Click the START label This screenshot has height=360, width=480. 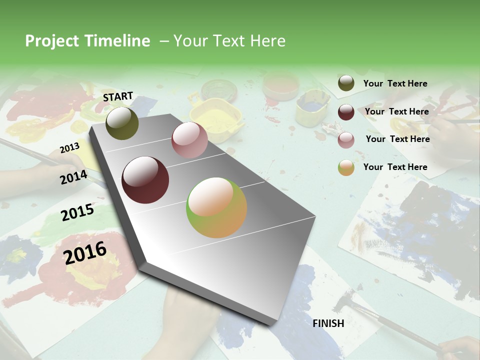pos(118,96)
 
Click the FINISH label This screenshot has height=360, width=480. pos(328,323)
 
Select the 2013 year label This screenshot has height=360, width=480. pos(69,148)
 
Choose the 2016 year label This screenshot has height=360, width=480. pos(85,252)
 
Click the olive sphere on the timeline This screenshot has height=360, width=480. pos(122,123)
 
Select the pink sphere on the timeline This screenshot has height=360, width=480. pos(189,140)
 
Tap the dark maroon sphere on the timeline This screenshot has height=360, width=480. pos(145,180)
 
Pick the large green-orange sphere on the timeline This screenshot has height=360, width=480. pos(216,207)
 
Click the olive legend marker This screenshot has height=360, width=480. pos(346,83)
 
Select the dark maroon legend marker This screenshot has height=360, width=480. pos(346,112)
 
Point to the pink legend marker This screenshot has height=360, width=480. pos(346,140)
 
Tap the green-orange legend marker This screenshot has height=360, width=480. pos(346,167)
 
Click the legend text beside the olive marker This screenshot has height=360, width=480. pos(395,83)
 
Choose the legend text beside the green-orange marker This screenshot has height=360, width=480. pos(395,167)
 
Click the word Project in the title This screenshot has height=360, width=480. pos(51,41)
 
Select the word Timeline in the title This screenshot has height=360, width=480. pos(118,41)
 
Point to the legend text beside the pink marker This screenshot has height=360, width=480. pos(397,139)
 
